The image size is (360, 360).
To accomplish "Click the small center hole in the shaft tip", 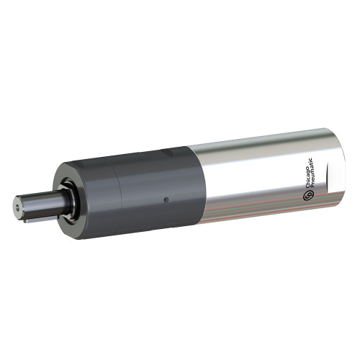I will pyautogui.click(x=17, y=204).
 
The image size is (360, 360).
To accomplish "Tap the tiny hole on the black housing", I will pyautogui.click(x=166, y=199).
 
